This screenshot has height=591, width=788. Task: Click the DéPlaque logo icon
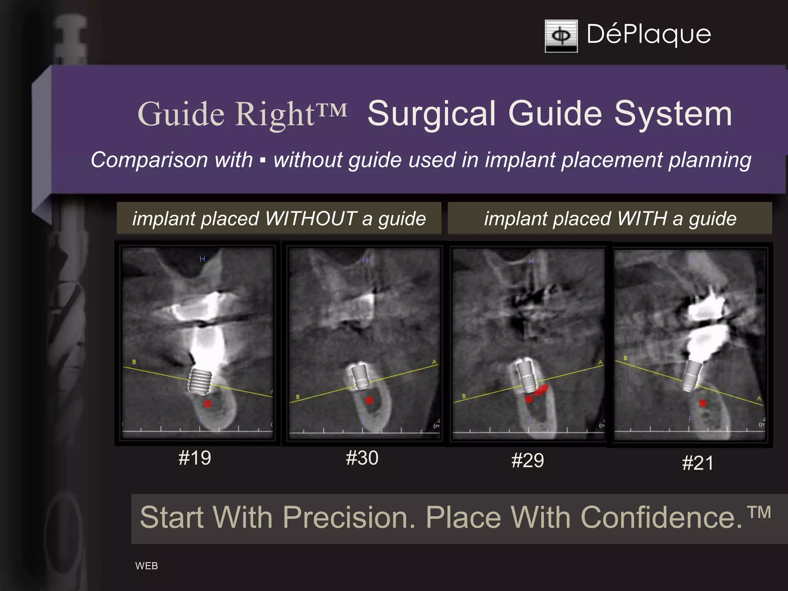[x=561, y=36]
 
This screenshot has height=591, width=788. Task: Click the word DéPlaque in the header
[x=649, y=35]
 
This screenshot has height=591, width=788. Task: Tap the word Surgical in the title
[x=431, y=114]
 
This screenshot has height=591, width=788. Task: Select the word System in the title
[x=673, y=114]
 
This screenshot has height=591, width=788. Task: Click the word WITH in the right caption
[x=641, y=219]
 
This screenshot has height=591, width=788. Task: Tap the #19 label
[x=195, y=458]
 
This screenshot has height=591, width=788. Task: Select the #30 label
[x=362, y=458]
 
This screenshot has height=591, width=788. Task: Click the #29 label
[x=528, y=460]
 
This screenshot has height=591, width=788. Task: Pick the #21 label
[x=698, y=463]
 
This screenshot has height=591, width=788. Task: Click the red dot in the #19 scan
[x=208, y=403]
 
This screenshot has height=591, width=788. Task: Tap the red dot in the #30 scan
[x=369, y=401]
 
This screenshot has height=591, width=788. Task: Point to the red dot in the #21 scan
[x=703, y=403]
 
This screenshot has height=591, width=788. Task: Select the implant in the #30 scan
[x=361, y=376]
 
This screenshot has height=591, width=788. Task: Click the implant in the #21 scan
[x=691, y=376]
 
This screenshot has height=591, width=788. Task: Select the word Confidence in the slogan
[x=661, y=518]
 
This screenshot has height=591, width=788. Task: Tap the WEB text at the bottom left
[x=147, y=566]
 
